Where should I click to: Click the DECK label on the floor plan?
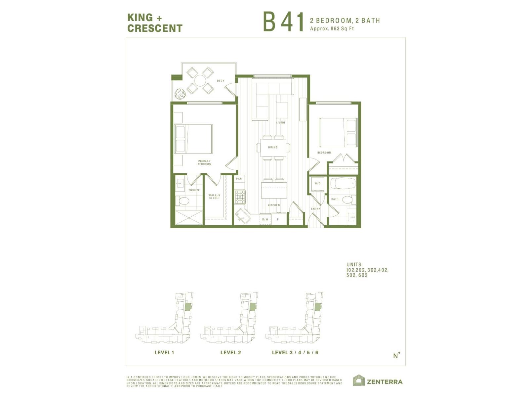[x=221, y=81]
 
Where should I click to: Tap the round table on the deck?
[x=200, y=80]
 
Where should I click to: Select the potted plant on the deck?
[x=180, y=94]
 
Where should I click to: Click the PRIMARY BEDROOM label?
[x=204, y=163]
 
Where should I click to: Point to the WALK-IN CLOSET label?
[x=214, y=197]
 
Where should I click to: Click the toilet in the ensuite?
[x=182, y=201]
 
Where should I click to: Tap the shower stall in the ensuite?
[x=189, y=218]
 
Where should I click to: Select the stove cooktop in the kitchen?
[x=240, y=197]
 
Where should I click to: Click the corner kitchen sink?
[x=242, y=216]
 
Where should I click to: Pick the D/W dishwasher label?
[x=265, y=219]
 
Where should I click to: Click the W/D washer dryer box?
[x=317, y=184]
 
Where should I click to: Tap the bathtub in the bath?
[x=343, y=184]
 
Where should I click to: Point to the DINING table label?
[x=273, y=148]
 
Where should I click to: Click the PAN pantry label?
[x=239, y=179]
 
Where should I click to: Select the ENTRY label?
[x=315, y=209]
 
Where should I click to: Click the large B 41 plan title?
[x=283, y=22]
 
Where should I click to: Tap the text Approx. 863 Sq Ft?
[x=332, y=29]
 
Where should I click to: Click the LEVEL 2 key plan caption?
[x=231, y=353]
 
